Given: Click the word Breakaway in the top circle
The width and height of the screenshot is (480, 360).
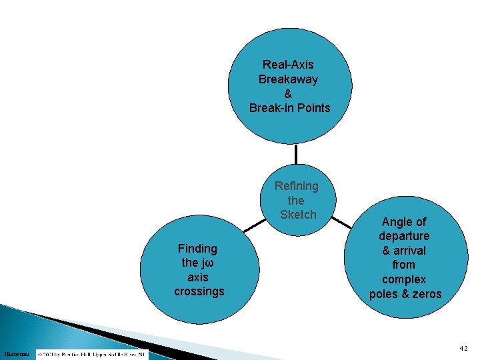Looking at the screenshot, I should point(288,79).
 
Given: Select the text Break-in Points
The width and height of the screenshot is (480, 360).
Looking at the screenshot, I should point(289,108).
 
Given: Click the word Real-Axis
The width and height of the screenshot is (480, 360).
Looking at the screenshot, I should point(288,65).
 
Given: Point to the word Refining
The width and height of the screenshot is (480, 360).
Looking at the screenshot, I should point(297,186).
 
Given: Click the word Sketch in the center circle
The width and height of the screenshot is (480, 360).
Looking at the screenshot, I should point(298,215).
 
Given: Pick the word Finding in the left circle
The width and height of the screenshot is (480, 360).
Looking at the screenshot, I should point(198,249).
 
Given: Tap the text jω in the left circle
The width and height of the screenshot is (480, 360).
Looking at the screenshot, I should point(207,263).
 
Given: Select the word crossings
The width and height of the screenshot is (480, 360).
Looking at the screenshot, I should point(199,291).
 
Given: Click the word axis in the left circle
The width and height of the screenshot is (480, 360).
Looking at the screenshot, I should point(198,277).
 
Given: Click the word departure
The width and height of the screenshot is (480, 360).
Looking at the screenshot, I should point(404,236).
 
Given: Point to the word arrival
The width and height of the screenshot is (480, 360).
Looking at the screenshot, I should point(409,251).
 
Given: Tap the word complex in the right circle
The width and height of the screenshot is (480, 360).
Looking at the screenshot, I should point(404,279).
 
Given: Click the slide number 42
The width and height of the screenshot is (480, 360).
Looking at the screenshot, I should point(463,348).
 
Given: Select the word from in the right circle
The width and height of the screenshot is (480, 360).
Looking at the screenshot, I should point(404,265).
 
